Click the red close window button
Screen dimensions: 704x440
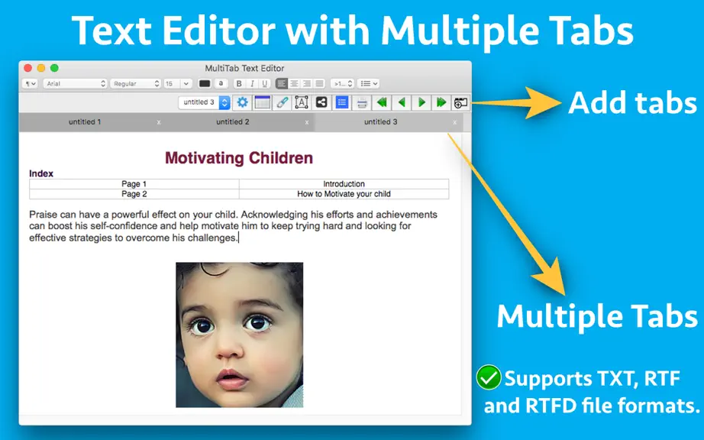point(27,68)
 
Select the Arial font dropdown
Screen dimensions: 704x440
point(75,83)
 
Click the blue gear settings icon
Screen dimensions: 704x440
point(243,102)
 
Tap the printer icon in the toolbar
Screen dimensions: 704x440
point(362,103)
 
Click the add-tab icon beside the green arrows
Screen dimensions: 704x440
point(460,103)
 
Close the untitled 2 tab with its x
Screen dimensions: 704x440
point(307,122)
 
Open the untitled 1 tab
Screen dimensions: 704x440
point(85,121)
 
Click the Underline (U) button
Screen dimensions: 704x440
point(264,83)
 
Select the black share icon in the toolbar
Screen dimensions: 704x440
point(321,102)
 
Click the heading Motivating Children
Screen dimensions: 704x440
point(239,158)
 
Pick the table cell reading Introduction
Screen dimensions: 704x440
point(344,183)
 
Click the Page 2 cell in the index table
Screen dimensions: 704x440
point(134,194)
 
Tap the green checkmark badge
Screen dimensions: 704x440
point(489,377)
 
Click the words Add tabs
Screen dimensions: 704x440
point(633,103)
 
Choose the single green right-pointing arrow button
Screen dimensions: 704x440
point(421,103)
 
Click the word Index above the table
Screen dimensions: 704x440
point(41,173)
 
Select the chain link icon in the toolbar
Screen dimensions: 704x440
point(282,102)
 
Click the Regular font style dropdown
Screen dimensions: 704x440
point(135,83)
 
